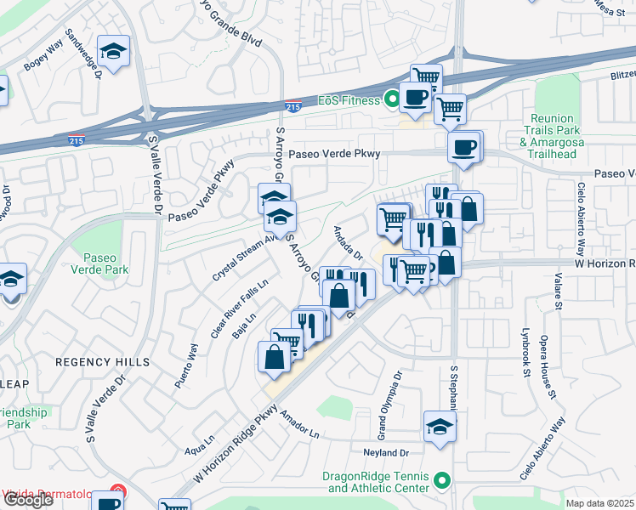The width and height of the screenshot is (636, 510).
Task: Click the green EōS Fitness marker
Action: point(392,100)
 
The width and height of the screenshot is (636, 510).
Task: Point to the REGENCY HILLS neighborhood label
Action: point(103,362)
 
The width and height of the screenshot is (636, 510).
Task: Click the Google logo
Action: point(27,500)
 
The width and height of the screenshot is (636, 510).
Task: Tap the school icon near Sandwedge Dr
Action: point(113,53)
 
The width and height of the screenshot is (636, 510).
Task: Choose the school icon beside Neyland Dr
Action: point(439,427)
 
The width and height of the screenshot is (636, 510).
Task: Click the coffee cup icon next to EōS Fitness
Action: point(416,98)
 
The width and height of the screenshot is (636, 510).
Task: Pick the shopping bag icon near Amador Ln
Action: point(275,357)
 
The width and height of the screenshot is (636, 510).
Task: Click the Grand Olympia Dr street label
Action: point(396,386)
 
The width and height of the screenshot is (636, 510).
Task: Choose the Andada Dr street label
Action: point(349,243)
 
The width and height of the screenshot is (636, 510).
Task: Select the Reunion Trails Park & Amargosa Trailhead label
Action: point(555,137)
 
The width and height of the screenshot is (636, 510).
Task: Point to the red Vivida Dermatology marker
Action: point(119,494)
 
